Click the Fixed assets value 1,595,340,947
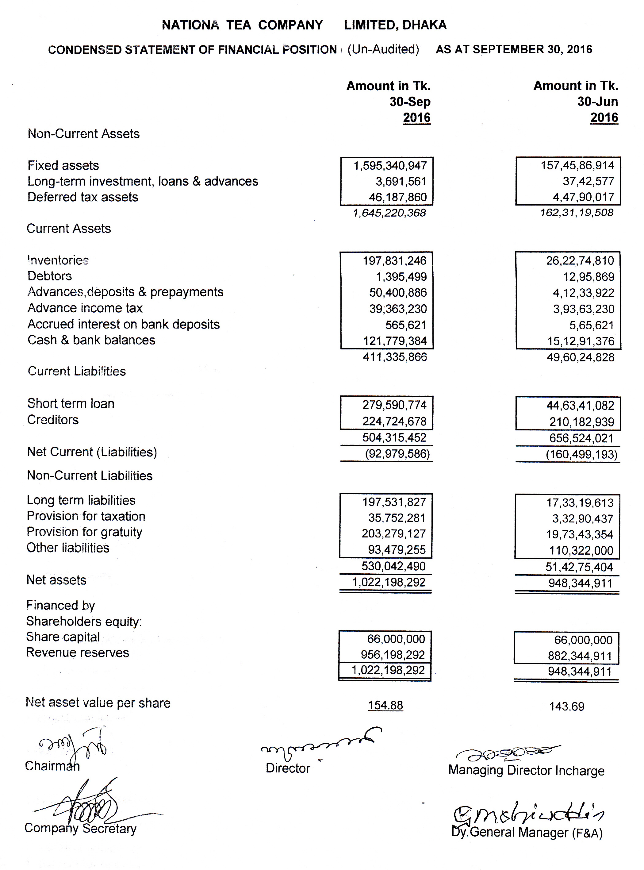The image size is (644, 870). click(x=390, y=166)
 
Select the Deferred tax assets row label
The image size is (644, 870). click(x=82, y=197)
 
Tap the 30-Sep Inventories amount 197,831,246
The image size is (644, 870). click(x=394, y=260)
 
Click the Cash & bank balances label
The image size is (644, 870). click(x=91, y=340)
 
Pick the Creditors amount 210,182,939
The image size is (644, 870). click(x=582, y=422)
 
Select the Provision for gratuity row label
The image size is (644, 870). click(x=84, y=532)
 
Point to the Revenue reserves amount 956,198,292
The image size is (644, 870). click(x=393, y=655)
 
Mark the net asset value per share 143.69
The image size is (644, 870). click(x=566, y=706)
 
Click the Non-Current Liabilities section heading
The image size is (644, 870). click(x=90, y=476)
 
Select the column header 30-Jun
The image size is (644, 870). click(x=597, y=102)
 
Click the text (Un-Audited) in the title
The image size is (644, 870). click(x=383, y=49)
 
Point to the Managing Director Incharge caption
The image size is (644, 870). click(x=526, y=771)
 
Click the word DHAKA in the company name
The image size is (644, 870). click(x=424, y=25)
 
